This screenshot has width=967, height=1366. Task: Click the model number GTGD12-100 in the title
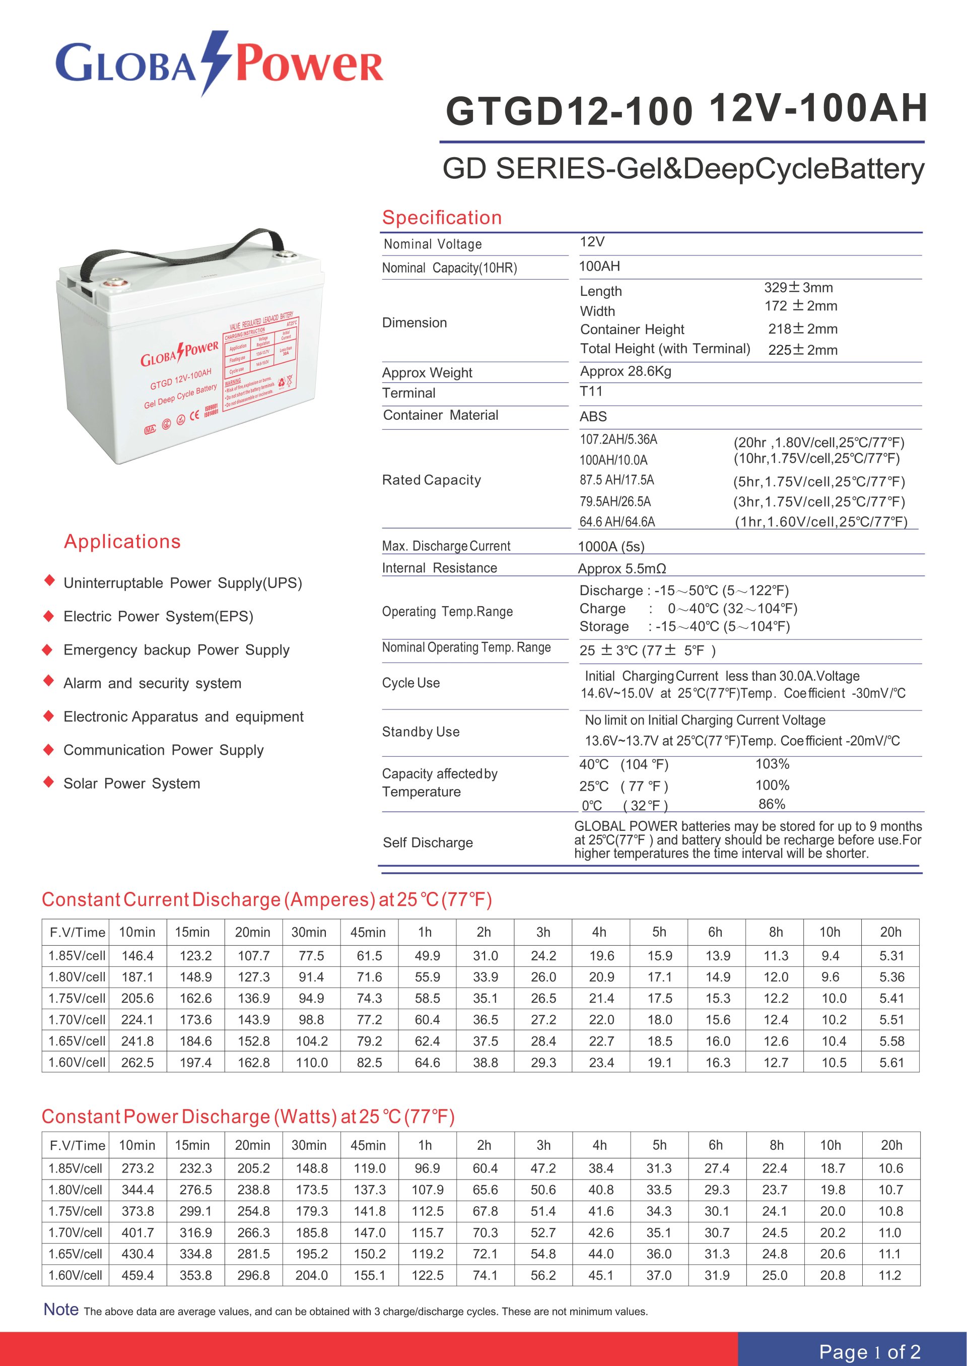tap(569, 111)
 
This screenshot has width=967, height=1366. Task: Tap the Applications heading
tap(122, 542)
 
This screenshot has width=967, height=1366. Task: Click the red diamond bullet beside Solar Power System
tap(49, 782)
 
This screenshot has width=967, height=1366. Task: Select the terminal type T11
tap(591, 392)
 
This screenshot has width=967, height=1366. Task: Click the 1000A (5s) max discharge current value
tap(611, 546)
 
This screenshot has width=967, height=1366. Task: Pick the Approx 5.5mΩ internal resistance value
tap(621, 568)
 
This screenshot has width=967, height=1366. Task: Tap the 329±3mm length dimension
tap(798, 288)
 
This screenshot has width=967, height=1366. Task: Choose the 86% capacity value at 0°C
tap(772, 804)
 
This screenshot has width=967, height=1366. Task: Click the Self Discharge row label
tap(428, 842)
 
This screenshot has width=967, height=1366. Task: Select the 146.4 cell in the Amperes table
tap(137, 955)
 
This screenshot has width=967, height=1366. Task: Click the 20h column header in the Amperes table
tap(891, 932)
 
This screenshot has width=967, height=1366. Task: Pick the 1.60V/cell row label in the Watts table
tap(76, 1275)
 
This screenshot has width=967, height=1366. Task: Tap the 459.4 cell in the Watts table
tap(137, 1275)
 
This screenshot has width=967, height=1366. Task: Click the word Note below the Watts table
tap(61, 1310)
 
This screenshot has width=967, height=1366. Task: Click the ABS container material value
tap(593, 416)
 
